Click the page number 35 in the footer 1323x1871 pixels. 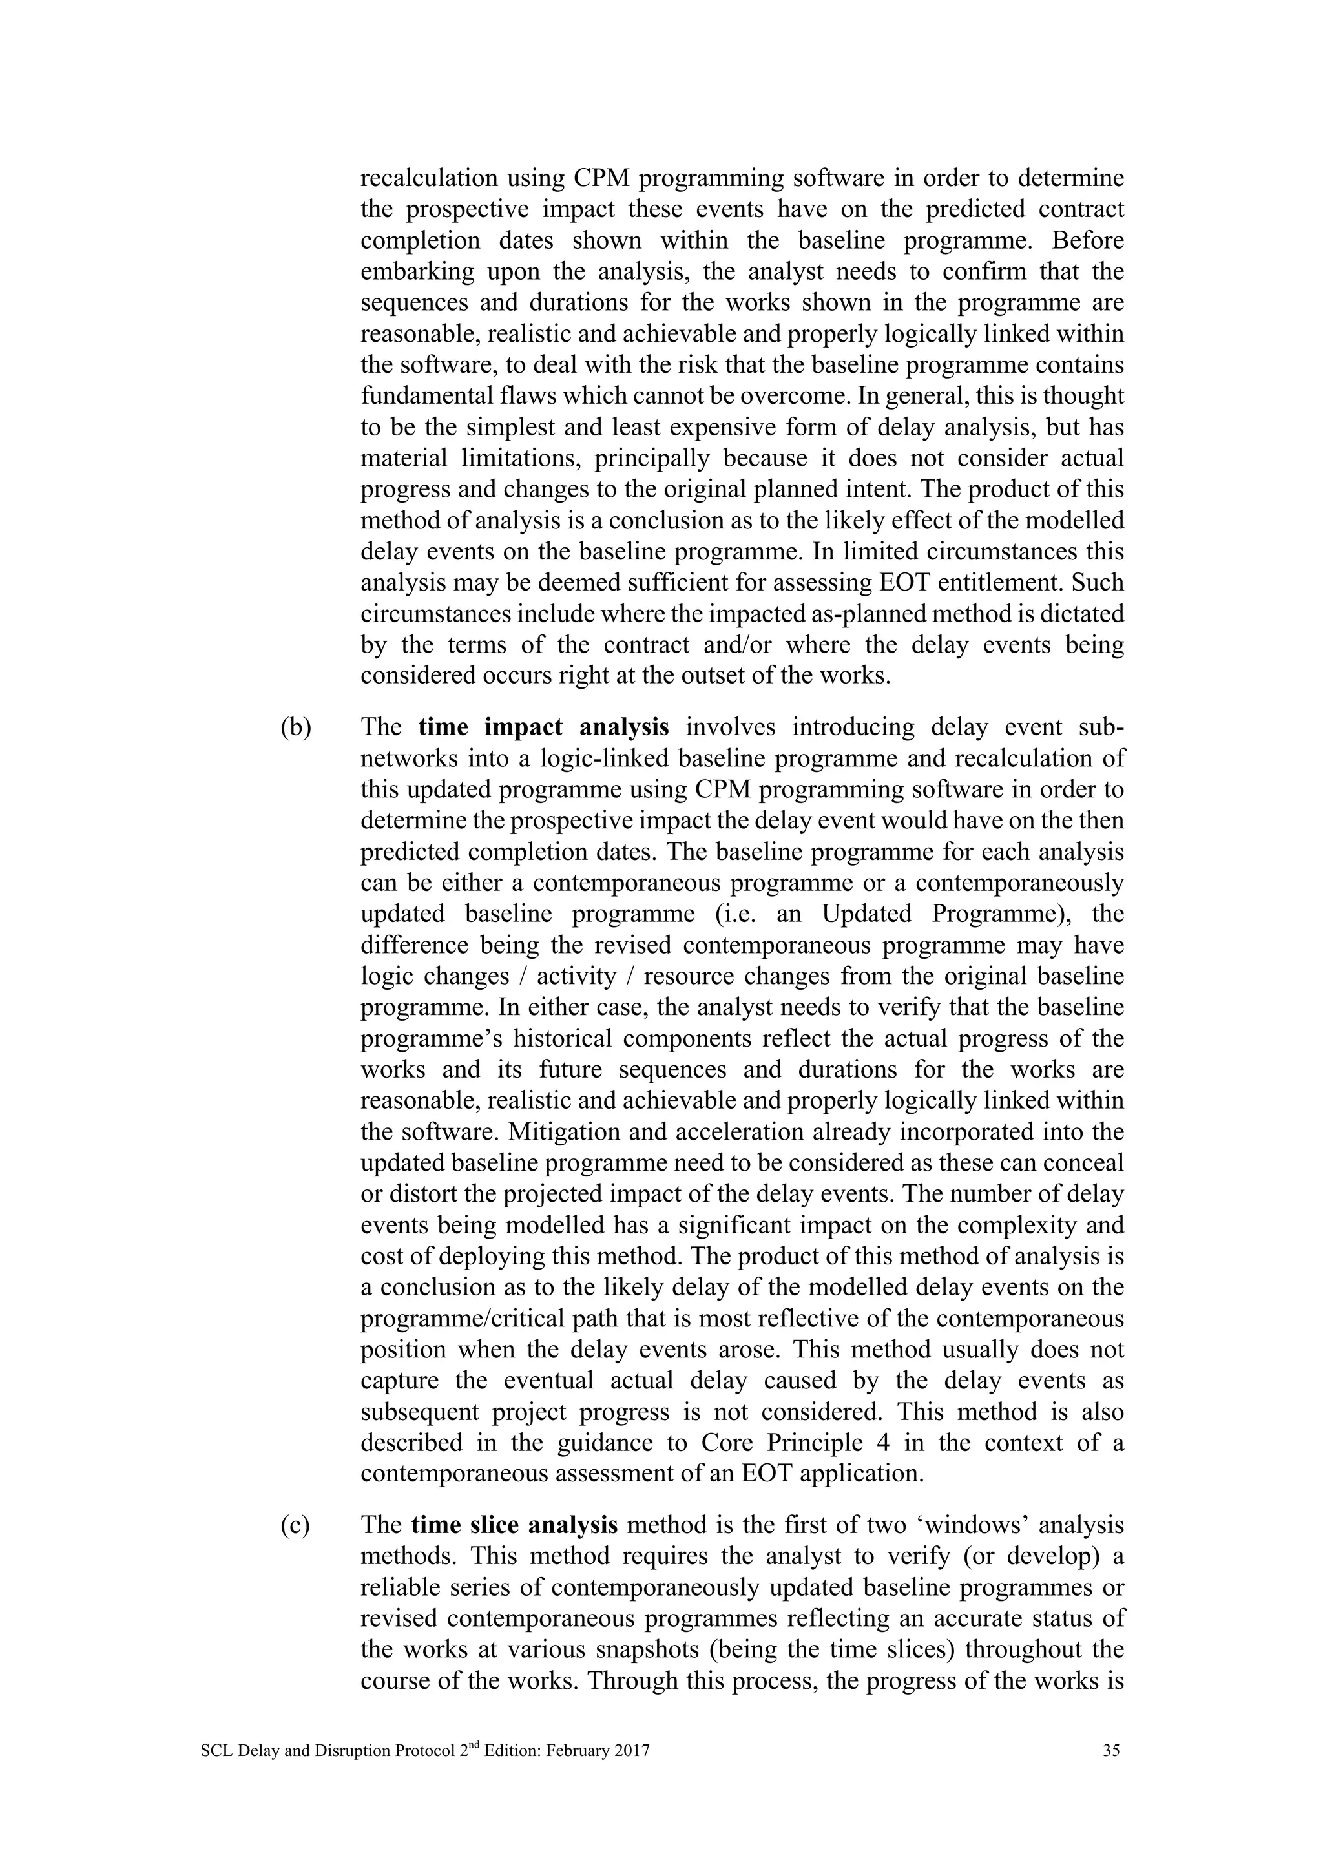click(1110, 1750)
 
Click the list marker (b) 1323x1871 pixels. click(296, 727)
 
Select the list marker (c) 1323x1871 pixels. click(295, 1525)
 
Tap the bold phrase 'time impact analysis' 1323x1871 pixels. click(543, 727)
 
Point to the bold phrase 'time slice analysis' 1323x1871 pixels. click(514, 1525)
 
